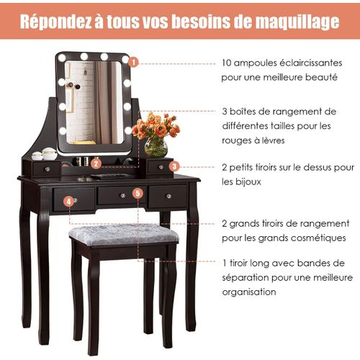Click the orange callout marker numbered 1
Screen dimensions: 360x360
point(133,63)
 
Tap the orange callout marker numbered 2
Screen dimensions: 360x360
point(96,163)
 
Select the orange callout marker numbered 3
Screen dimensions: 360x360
point(174,166)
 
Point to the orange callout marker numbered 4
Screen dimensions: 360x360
point(69,202)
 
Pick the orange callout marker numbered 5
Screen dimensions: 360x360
point(138,194)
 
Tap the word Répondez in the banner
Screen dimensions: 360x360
point(56,22)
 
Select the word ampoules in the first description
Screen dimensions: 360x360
point(256,63)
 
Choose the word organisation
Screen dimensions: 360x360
point(249,292)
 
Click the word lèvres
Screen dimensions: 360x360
point(271,140)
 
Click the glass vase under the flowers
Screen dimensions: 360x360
point(156,148)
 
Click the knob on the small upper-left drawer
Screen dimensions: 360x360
point(48,169)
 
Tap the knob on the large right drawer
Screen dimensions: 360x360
point(168,197)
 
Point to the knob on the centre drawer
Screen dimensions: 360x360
point(123,196)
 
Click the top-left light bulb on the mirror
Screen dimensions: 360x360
point(62,58)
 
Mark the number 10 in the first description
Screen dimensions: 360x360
point(226,63)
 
